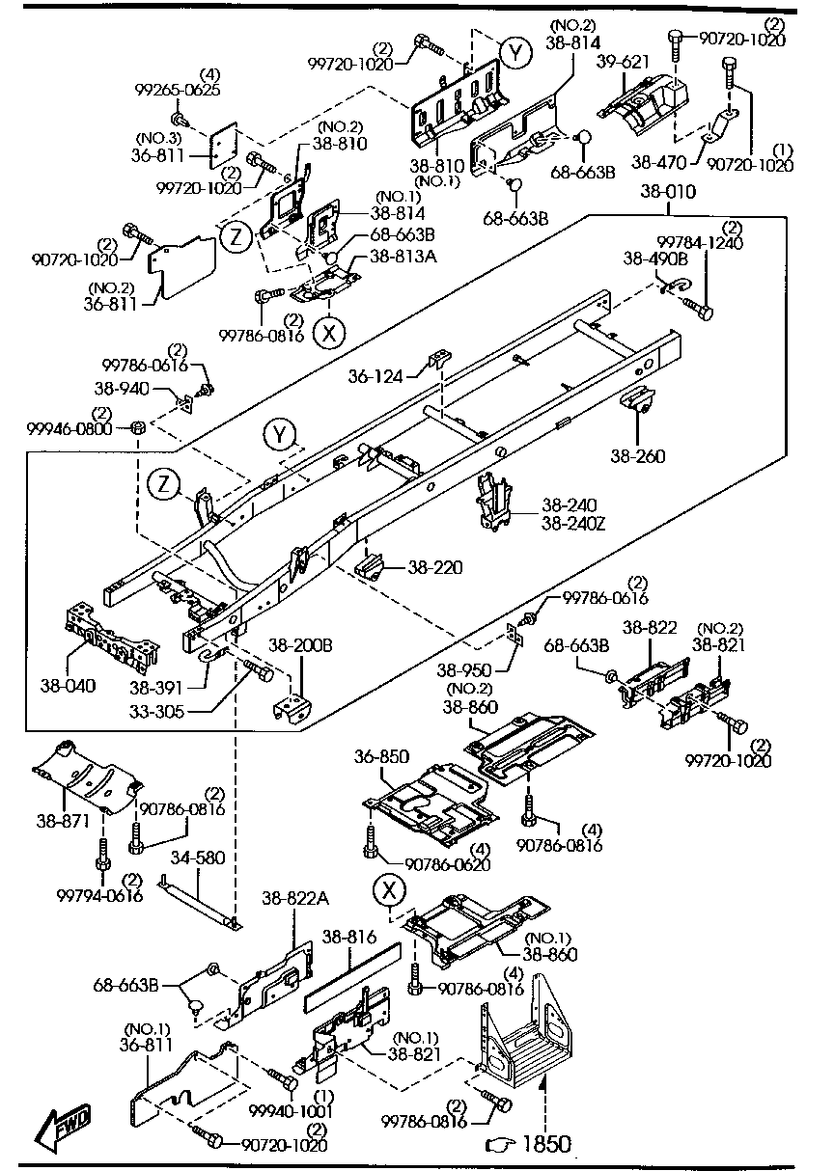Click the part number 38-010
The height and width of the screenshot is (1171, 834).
pyautogui.click(x=667, y=193)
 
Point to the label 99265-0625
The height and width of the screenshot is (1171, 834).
pyautogui.click(x=178, y=90)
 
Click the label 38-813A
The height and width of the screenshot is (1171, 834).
pyautogui.click(x=397, y=258)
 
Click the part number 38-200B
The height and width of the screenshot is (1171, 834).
pyautogui.click(x=300, y=644)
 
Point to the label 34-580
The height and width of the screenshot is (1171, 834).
pyautogui.click(x=198, y=857)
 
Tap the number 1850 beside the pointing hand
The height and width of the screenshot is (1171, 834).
pyautogui.click(x=546, y=1144)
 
